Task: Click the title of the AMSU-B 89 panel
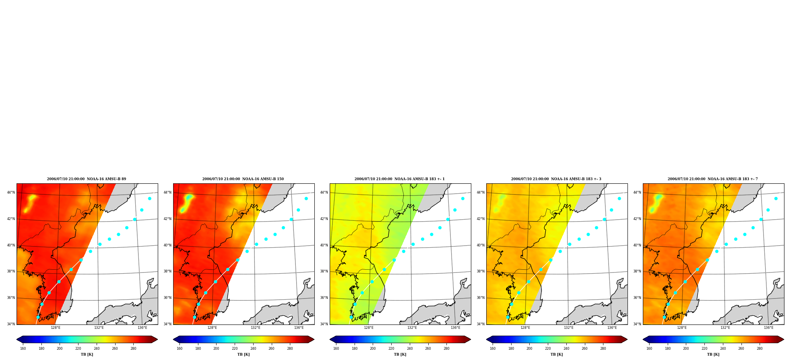pos(86,179)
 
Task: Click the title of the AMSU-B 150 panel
pos(243,179)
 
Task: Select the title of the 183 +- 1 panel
pos(400,179)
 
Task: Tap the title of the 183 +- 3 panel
pos(556,179)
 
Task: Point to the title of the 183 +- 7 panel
pos(713,179)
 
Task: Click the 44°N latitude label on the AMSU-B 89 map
pos(11,192)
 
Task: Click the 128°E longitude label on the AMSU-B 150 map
pos(212,328)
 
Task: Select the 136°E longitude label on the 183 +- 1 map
pos(456,328)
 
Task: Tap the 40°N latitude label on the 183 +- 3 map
pos(481,245)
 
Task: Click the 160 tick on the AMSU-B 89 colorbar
pos(23,349)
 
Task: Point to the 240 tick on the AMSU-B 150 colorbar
pos(253,349)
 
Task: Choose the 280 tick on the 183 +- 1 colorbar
pos(446,349)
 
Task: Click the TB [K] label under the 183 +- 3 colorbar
pos(556,354)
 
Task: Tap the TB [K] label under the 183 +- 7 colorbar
pos(713,354)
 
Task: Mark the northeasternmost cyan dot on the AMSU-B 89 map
pos(149,198)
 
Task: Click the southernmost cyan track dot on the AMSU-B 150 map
pos(194,317)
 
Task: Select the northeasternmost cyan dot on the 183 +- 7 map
pos(776,198)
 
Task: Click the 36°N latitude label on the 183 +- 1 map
pos(324,298)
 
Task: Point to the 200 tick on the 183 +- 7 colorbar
pos(686,349)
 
